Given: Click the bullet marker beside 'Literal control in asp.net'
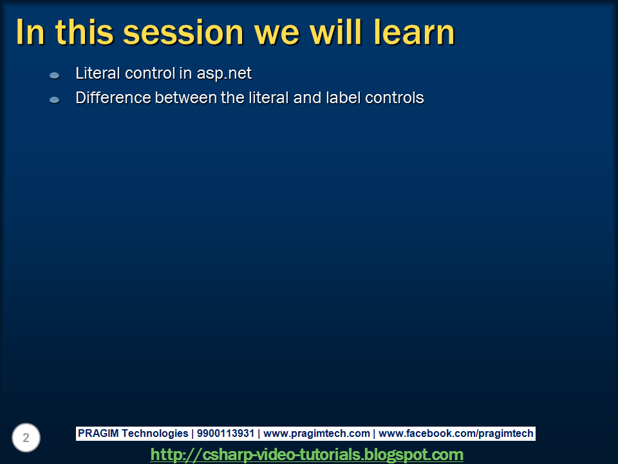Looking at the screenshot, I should click(x=55, y=75).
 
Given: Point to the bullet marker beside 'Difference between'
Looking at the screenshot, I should click(x=55, y=100).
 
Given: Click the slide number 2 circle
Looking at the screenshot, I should click(x=26, y=438).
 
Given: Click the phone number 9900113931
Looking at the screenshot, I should click(x=225, y=434).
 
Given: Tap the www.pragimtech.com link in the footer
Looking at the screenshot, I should click(x=317, y=434).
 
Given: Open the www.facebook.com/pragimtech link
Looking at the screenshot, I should click(x=456, y=434).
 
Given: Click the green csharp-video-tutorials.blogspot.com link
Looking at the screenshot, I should click(x=307, y=454).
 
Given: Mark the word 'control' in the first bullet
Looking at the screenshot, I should click(x=150, y=73).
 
